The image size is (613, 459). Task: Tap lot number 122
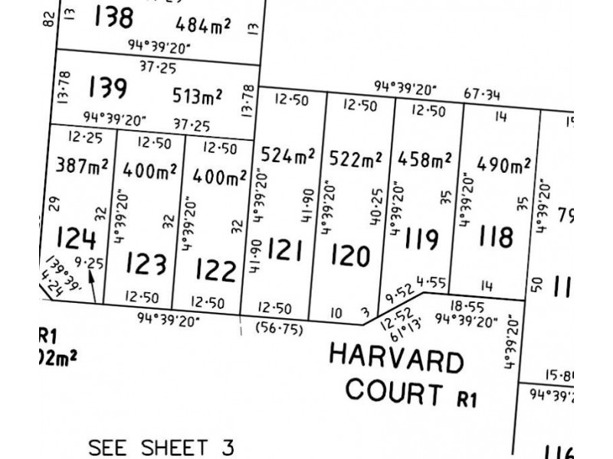(215, 270)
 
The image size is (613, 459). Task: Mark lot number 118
(495, 236)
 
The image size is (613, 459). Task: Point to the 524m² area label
(288, 156)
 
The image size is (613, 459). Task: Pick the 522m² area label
(356, 160)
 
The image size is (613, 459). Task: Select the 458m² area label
(425, 160)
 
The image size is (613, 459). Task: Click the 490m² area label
(503, 164)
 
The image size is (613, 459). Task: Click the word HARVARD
(395, 360)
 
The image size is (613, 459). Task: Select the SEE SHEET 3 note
(160, 446)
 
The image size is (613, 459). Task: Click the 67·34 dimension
(482, 95)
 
